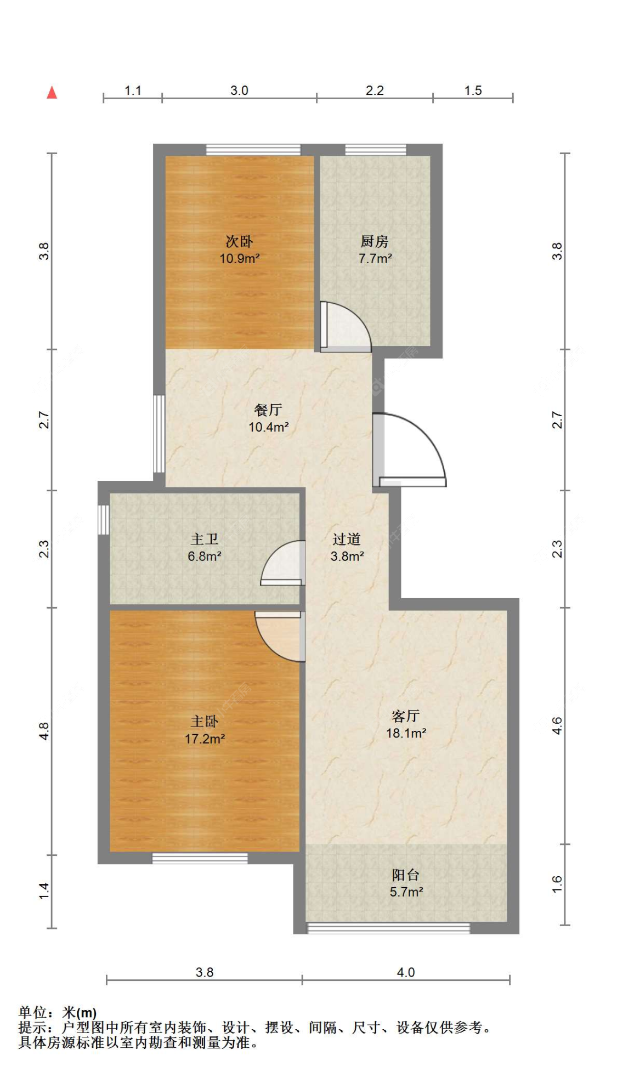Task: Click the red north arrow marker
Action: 52,92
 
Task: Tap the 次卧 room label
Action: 239,241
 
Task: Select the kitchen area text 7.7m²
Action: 375,258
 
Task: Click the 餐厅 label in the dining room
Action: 268,410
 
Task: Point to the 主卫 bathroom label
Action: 204,540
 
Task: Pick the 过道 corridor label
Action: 347,540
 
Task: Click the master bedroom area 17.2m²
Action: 205,739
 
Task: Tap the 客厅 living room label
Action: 406,716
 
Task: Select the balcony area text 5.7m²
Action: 406,892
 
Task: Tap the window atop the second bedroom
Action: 253,150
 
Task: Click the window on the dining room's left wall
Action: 159,434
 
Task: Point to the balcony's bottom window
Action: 388,928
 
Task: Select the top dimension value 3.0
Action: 239,90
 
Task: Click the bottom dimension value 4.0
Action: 406,972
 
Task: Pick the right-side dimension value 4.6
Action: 557,726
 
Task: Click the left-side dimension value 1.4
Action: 44,891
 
